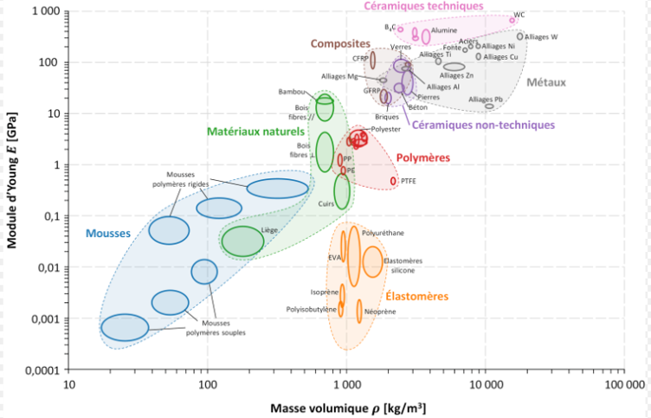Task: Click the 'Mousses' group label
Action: (x=107, y=233)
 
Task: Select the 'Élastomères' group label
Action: (x=417, y=296)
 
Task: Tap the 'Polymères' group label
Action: (x=423, y=158)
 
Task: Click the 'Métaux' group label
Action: (x=545, y=83)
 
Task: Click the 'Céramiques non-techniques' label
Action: (x=482, y=125)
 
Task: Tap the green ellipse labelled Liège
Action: (x=242, y=241)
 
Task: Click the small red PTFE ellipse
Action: (x=394, y=181)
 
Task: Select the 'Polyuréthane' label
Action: (x=382, y=233)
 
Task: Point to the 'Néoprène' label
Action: (x=381, y=310)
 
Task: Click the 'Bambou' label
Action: (x=293, y=92)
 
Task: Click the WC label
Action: (x=519, y=15)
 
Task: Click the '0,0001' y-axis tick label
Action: (x=40, y=370)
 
